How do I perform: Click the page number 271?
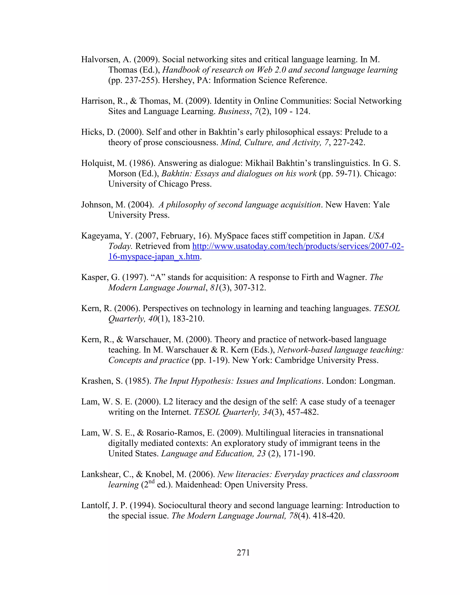click(243, 553)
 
